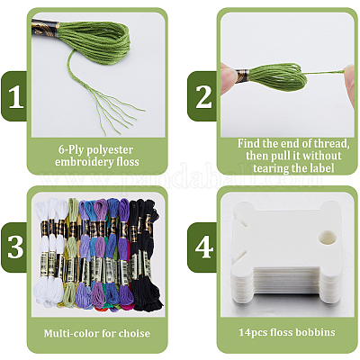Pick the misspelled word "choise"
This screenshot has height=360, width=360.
pos(134,333)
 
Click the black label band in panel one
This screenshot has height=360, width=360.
pos(45,29)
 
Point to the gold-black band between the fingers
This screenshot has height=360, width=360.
pos(242,76)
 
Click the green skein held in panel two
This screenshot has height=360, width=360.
pos(277,77)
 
